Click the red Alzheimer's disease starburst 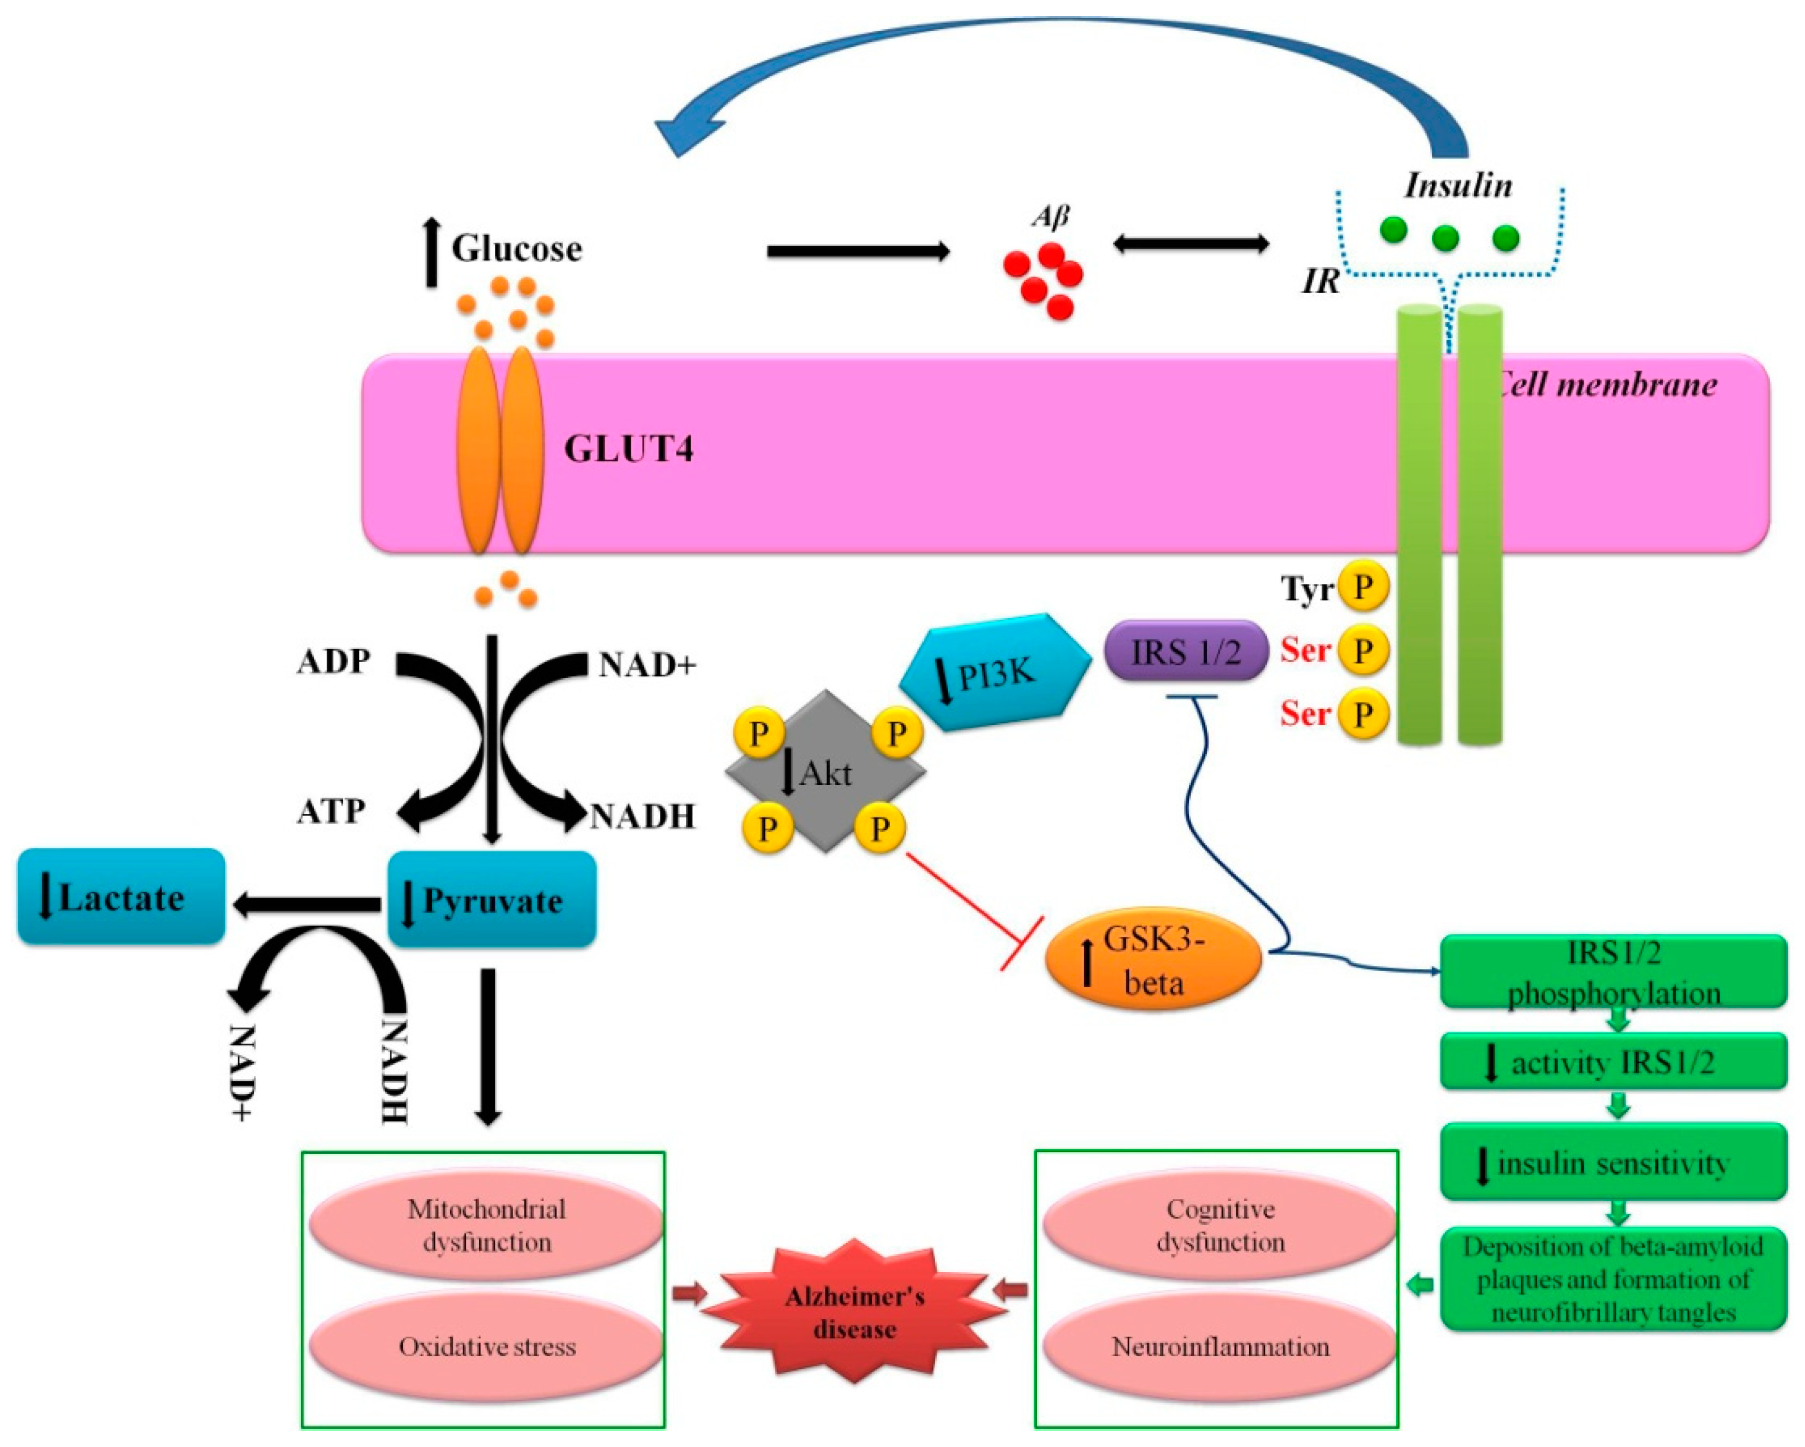[x=854, y=1312]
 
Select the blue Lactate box [x=122, y=897]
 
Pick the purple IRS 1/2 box [x=1186, y=651]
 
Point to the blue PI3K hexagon [x=994, y=673]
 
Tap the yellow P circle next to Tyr [x=1363, y=587]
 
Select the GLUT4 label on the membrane [x=628, y=450]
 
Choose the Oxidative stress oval [x=487, y=1346]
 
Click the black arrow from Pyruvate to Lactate [x=307, y=904]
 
